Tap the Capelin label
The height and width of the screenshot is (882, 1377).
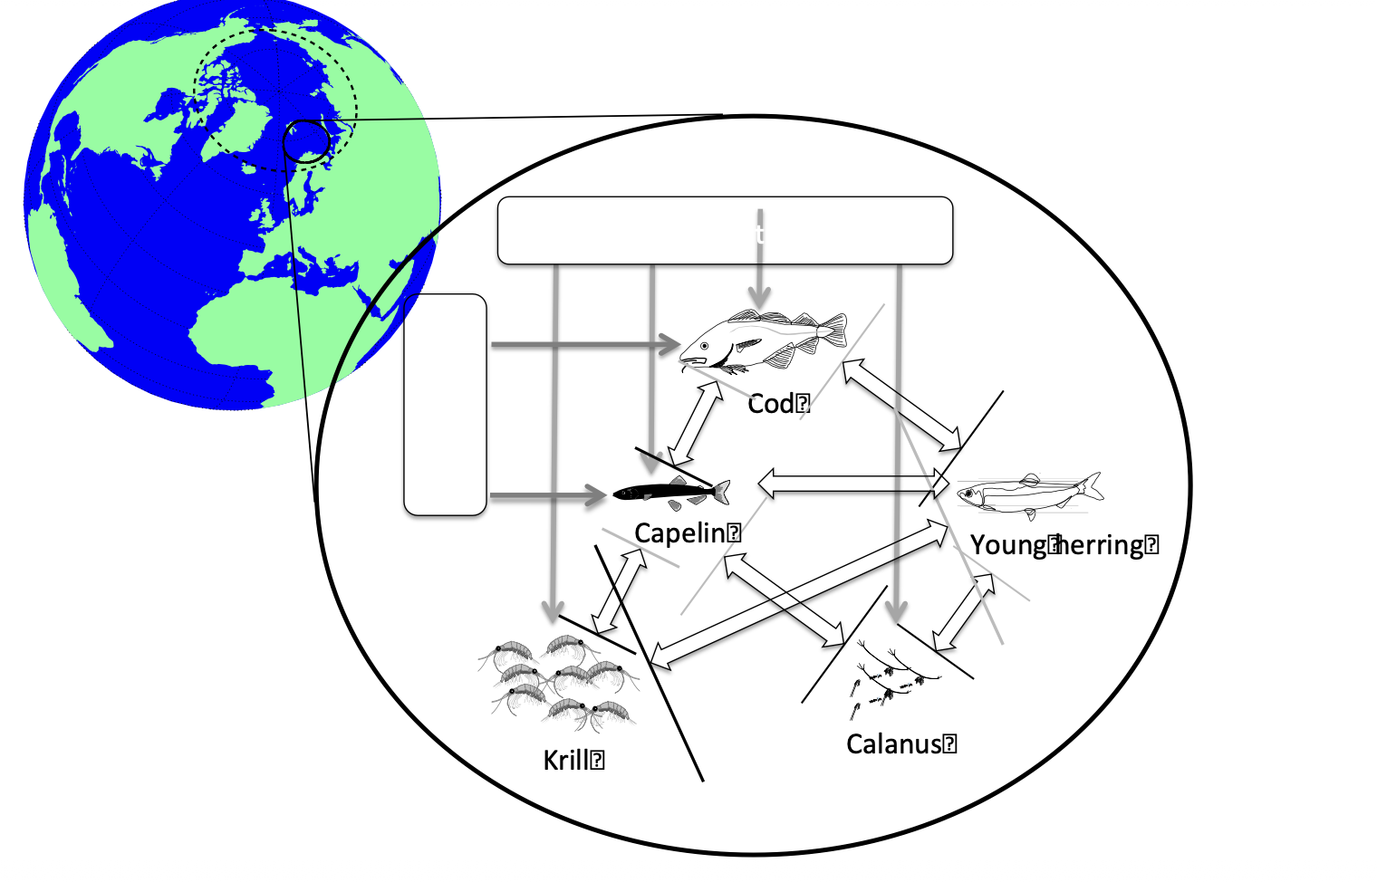tap(681, 532)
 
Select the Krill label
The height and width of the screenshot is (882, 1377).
tap(567, 760)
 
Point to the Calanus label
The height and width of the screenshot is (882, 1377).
tap(894, 743)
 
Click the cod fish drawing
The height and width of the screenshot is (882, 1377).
tap(766, 341)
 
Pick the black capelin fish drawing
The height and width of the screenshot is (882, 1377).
tap(671, 492)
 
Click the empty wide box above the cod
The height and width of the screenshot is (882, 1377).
tap(725, 230)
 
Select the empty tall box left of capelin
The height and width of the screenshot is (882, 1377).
tap(445, 404)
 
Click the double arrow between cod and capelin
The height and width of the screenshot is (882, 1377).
tap(696, 423)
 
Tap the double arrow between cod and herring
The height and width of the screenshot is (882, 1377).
tap(902, 405)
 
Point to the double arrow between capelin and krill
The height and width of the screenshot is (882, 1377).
tap(620, 590)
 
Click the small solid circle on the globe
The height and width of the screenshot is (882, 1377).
tap(306, 142)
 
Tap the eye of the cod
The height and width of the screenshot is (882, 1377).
tap(704, 346)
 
